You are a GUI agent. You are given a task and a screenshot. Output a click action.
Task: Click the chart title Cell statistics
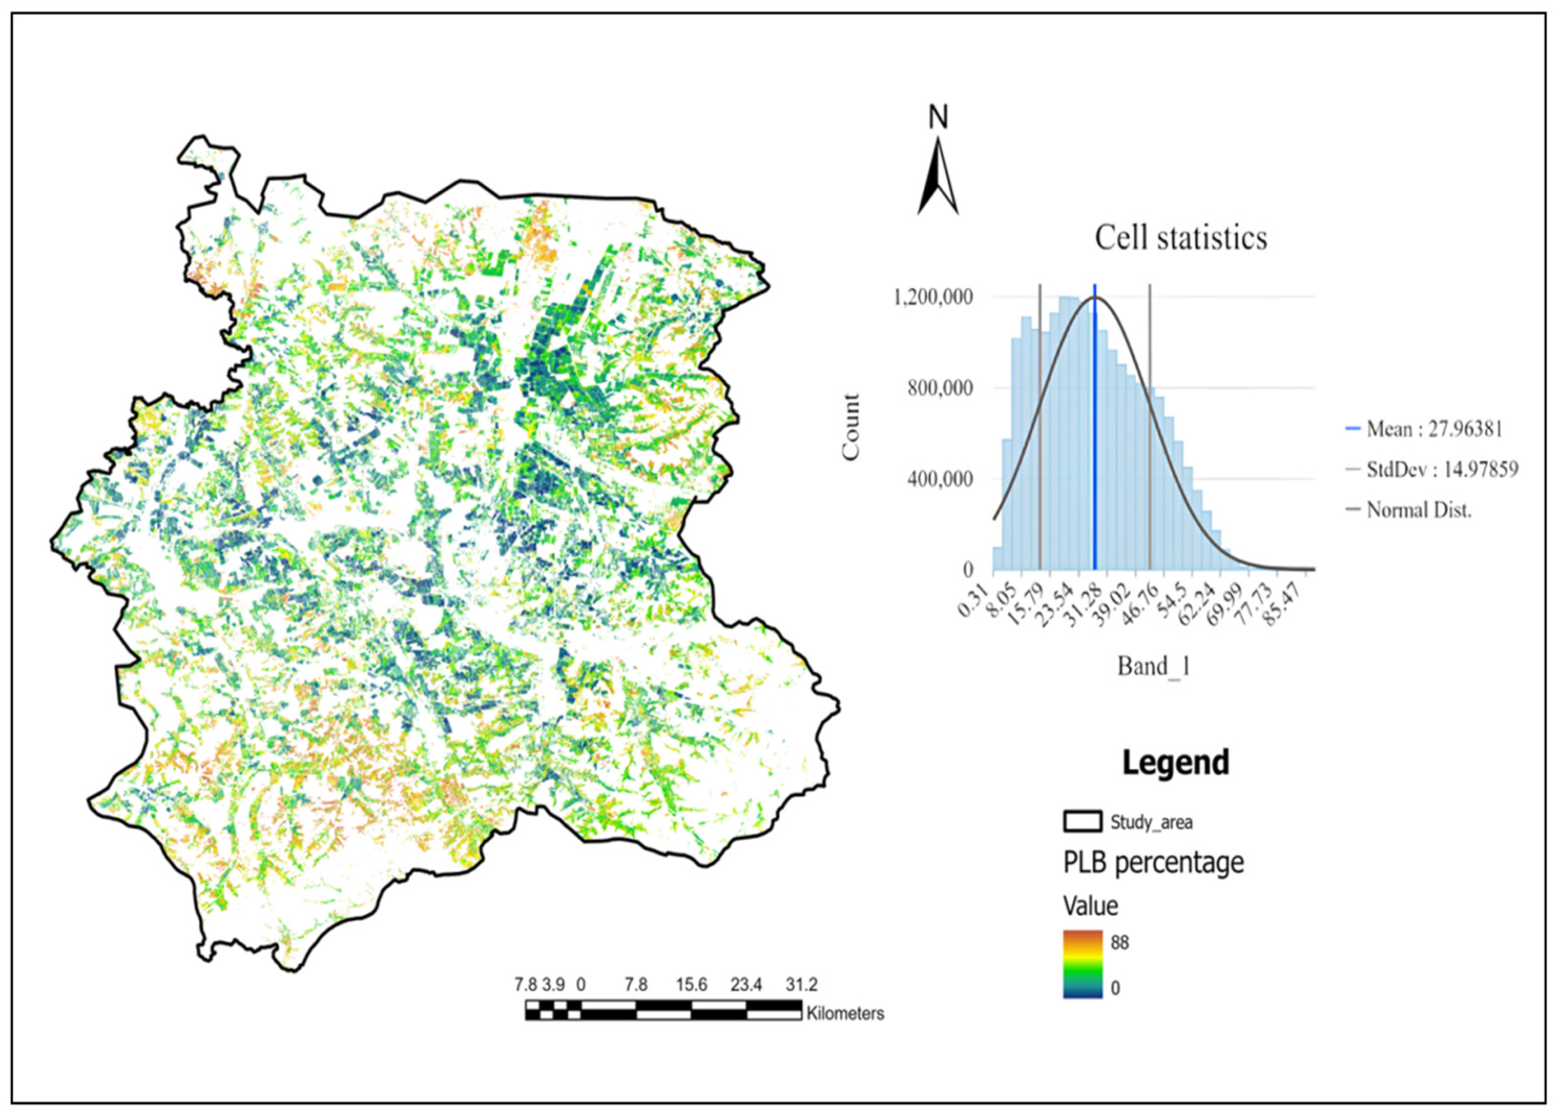coord(1180,238)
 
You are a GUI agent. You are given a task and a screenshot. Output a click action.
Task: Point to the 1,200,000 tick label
coord(934,297)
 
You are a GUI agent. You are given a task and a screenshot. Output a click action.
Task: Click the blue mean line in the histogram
coord(1094,427)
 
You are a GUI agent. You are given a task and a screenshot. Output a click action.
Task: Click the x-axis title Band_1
coord(1153,666)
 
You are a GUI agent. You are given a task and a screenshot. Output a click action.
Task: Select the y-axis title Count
coord(851,427)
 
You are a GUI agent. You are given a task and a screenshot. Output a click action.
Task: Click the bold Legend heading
coord(1176,763)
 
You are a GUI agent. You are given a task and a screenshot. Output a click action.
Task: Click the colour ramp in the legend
coord(1083,965)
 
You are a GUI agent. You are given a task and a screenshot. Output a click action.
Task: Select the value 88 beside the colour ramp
coord(1120,942)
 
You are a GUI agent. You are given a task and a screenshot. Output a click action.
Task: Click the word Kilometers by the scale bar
coord(845,1013)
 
